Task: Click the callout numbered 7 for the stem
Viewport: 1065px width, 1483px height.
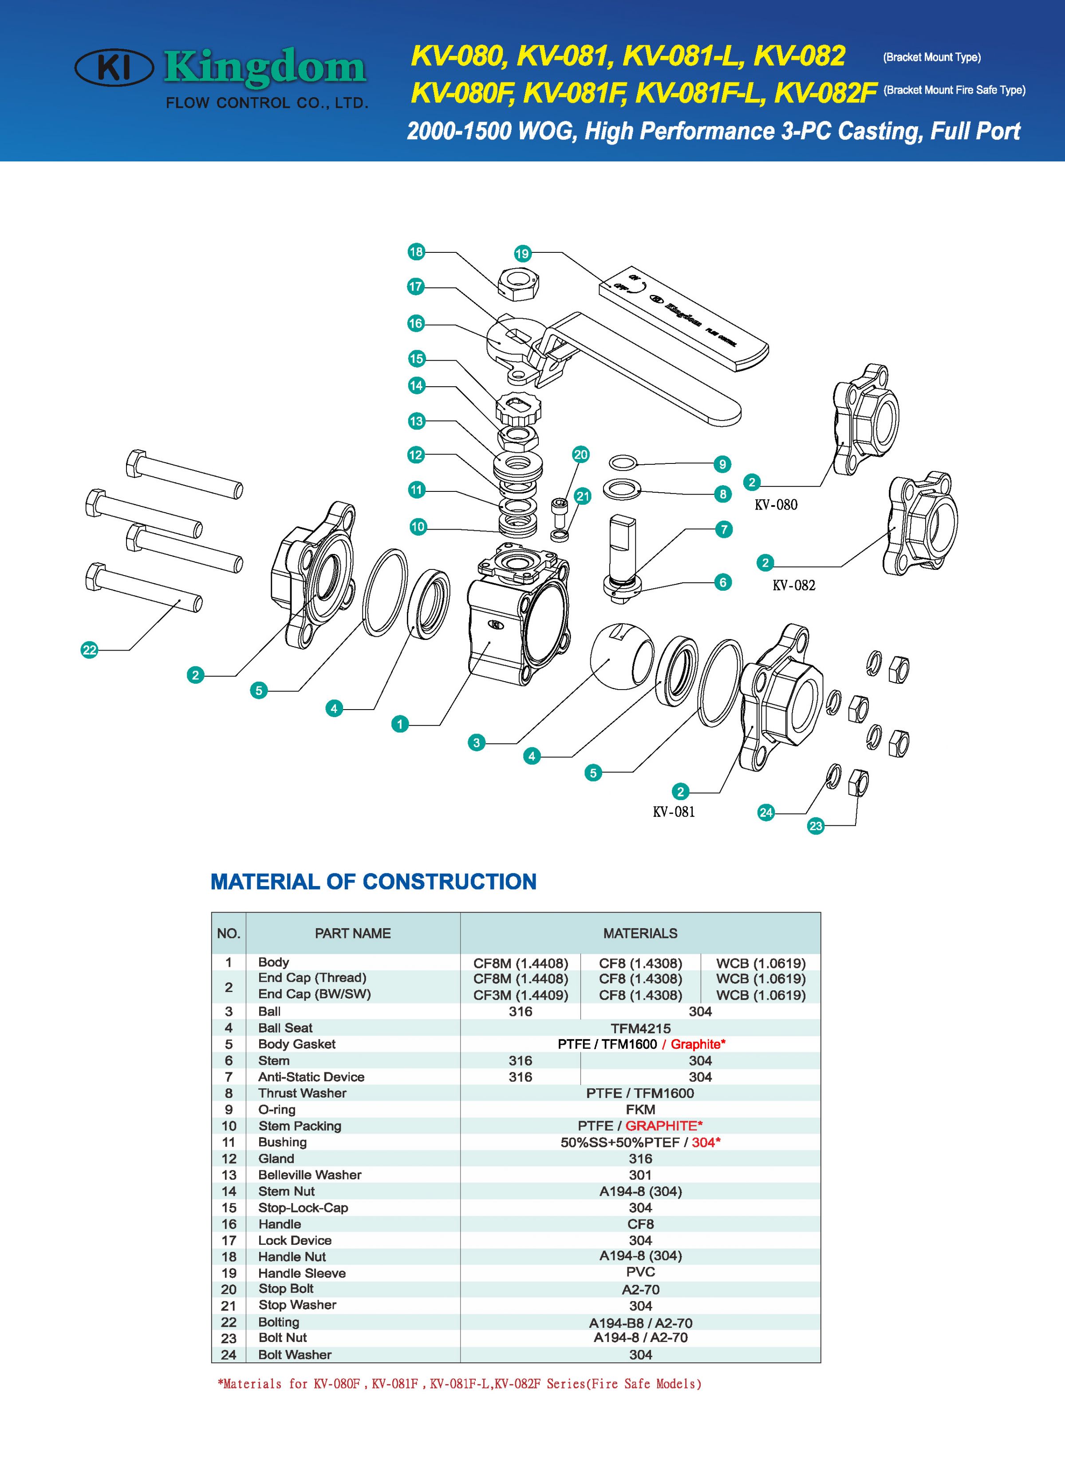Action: point(723,529)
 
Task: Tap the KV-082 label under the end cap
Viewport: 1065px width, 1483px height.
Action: point(793,585)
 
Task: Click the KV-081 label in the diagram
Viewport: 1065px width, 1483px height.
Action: point(673,812)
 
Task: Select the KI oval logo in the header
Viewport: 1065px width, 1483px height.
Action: point(114,67)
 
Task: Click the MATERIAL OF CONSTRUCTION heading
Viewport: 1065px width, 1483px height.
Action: point(373,882)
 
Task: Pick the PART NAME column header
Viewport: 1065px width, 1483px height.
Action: point(353,933)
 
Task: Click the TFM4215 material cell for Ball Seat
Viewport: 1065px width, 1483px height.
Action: point(640,1028)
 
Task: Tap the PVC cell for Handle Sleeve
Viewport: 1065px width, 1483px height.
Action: point(640,1272)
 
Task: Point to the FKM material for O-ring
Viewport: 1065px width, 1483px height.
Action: point(640,1110)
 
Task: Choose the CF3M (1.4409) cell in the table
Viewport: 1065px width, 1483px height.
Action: point(521,995)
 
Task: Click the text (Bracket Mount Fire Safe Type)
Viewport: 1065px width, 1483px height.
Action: point(954,90)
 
